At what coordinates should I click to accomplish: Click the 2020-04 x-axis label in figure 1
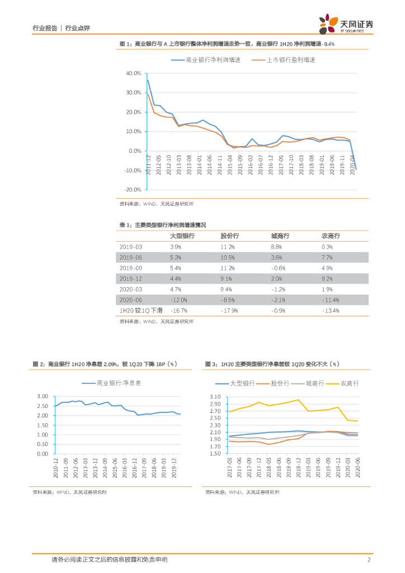point(352,165)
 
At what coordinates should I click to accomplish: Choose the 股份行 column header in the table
point(230,236)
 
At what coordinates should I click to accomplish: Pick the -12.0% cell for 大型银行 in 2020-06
point(178,300)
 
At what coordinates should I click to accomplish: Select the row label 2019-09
point(131,268)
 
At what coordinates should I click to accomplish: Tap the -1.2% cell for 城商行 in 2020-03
point(279,289)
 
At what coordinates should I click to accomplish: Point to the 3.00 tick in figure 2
point(43,396)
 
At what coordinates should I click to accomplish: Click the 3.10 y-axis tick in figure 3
point(215,397)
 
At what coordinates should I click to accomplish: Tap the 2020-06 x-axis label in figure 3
point(357,467)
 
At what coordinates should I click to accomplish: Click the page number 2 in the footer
point(369,560)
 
